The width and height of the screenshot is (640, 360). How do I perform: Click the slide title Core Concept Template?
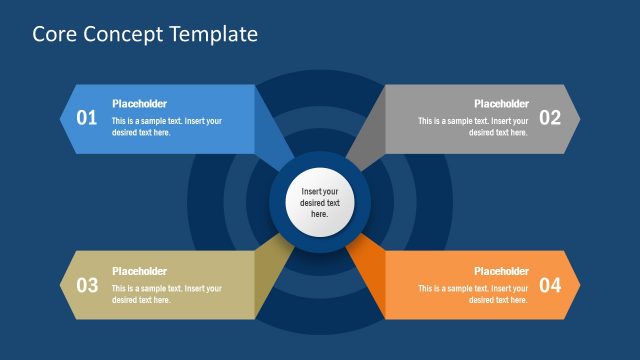click(145, 34)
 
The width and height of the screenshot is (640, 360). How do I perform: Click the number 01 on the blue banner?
click(87, 118)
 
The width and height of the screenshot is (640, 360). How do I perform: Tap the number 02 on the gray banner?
click(550, 118)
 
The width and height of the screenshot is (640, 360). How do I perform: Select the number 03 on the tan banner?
click(87, 285)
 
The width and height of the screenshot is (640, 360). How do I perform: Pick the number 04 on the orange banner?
click(550, 285)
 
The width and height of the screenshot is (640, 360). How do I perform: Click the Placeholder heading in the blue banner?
click(139, 104)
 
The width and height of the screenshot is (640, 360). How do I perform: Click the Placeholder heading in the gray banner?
click(501, 104)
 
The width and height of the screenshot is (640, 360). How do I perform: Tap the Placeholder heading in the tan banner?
click(139, 271)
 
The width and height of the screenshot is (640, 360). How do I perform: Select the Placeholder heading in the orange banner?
click(501, 271)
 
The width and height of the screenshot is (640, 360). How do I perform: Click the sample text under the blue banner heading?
click(167, 127)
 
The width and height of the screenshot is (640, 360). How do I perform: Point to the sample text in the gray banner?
click(473, 127)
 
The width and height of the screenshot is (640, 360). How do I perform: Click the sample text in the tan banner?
click(167, 294)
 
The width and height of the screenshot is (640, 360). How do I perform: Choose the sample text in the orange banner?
click(473, 294)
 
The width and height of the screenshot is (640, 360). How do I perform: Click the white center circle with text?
click(320, 202)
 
